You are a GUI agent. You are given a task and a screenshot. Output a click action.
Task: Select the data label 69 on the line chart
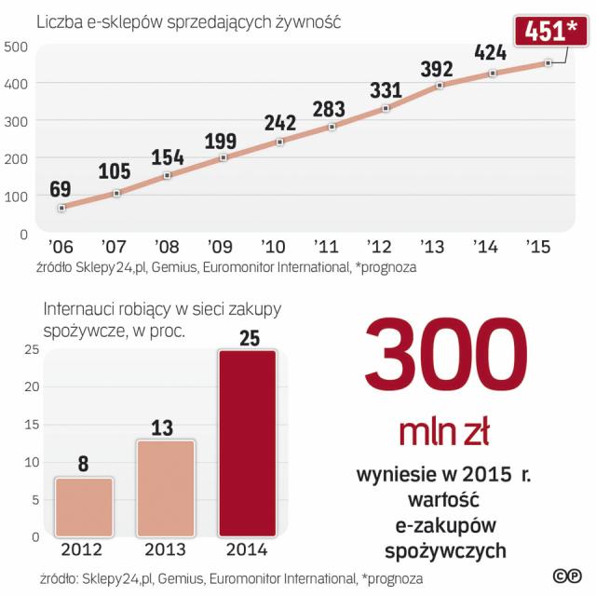60,190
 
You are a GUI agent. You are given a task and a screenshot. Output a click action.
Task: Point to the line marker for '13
440,85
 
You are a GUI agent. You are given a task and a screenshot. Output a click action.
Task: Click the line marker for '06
61,208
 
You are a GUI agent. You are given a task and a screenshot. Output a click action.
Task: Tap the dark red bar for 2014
247,443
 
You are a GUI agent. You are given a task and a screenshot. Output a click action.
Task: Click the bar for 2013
165,489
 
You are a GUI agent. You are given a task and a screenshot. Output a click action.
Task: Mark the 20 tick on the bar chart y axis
31,387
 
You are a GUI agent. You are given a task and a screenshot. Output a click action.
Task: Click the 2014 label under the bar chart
247,549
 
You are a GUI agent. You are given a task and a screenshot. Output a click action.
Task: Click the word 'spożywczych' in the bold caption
445,550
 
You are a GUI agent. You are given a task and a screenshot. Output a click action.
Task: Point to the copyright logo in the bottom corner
563,576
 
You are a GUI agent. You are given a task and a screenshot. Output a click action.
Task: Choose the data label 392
436,69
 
